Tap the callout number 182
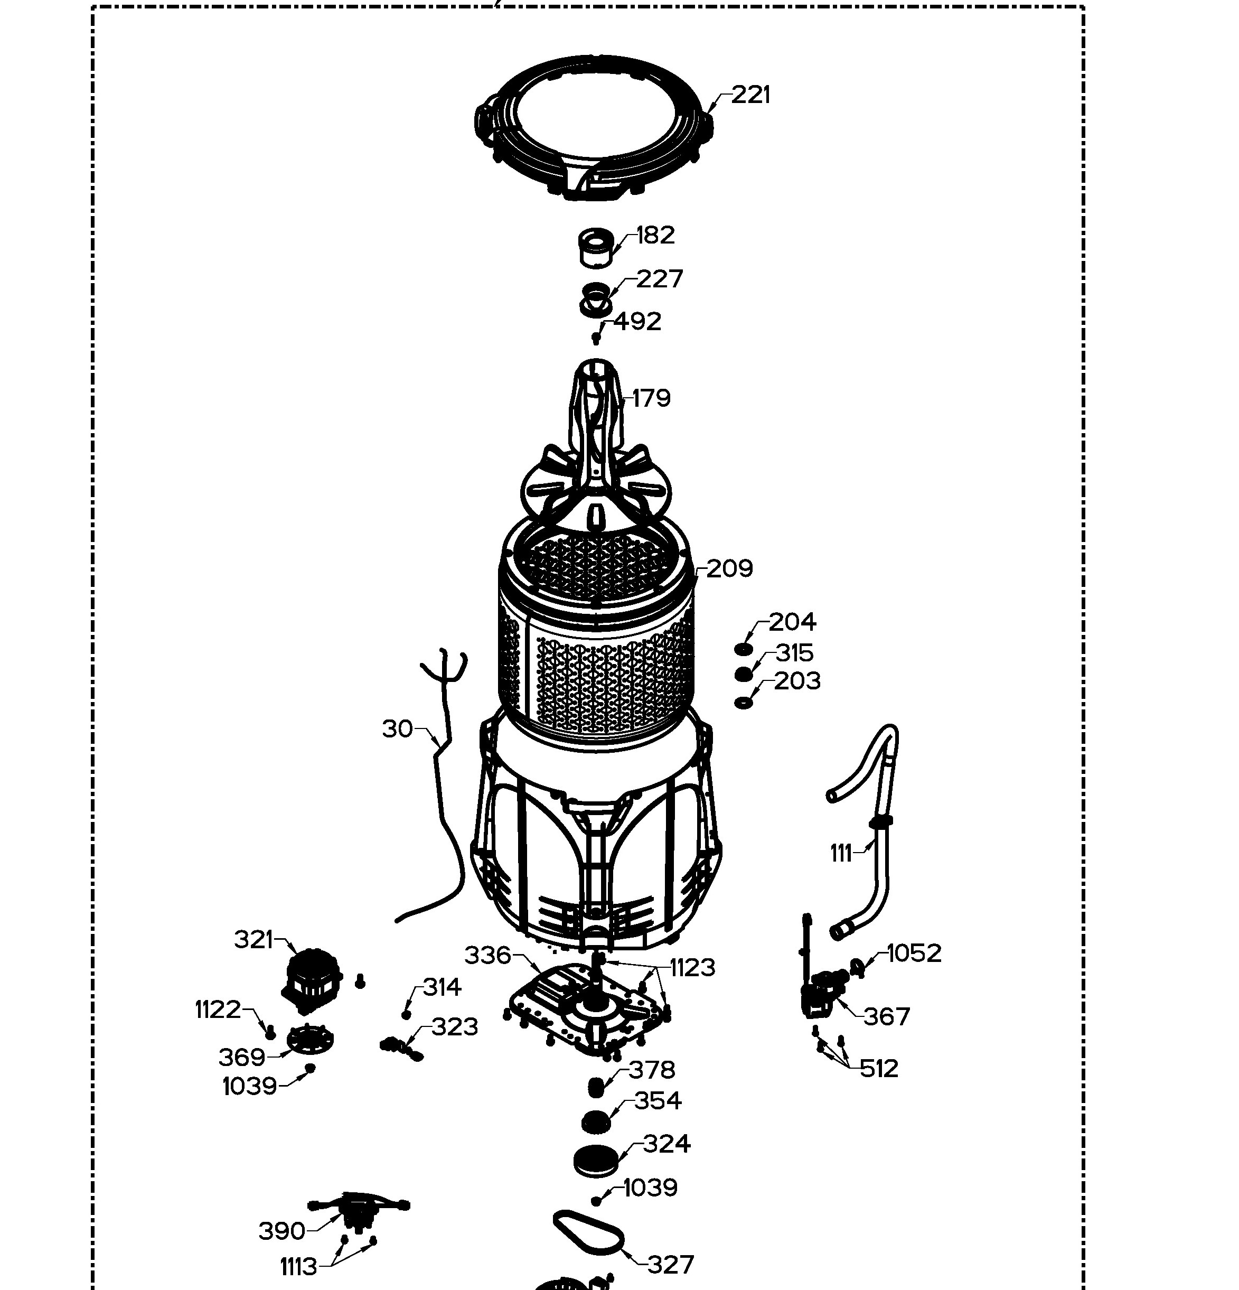[x=655, y=235]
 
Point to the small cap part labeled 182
[x=596, y=247]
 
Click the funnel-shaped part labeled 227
[x=596, y=300]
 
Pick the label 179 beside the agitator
[x=651, y=398]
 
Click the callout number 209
[x=730, y=568]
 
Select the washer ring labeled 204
[x=743, y=650]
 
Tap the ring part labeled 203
[x=744, y=703]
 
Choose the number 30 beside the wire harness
[x=398, y=728]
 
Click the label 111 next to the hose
[x=841, y=853]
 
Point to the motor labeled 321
[x=311, y=980]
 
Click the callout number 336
[x=487, y=955]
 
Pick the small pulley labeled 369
[x=310, y=1039]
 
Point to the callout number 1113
[x=299, y=1266]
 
